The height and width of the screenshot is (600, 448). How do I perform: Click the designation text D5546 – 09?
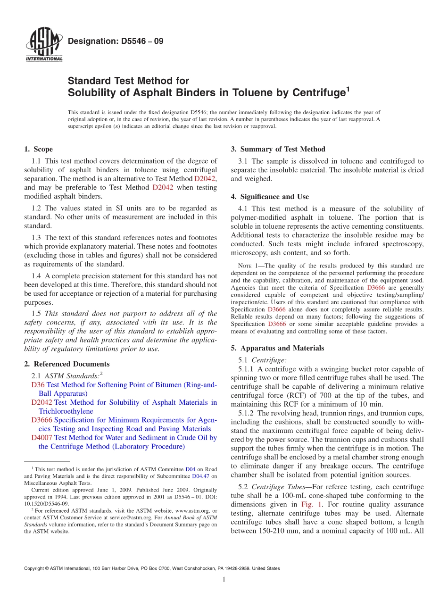(x=116, y=41)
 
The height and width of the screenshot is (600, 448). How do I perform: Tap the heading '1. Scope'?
(x=38, y=150)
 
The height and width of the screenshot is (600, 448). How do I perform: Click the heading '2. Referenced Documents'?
(x=66, y=364)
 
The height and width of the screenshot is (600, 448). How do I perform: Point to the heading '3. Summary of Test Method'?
(x=278, y=150)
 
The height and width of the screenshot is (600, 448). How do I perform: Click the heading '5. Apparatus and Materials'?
(x=277, y=349)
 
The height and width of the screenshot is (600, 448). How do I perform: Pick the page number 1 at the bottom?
(x=224, y=580)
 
